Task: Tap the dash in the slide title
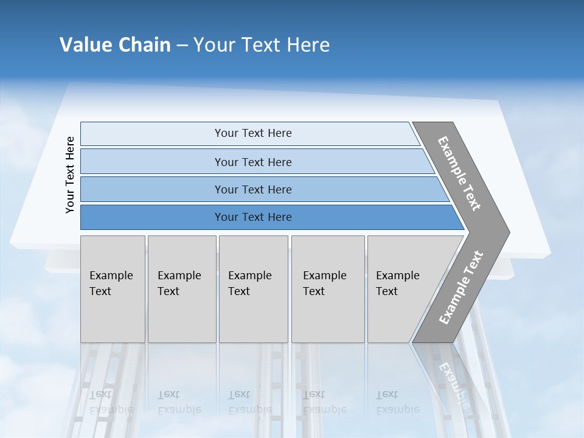point(182,46)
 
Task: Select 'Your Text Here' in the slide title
point(262,45)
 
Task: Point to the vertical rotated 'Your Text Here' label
point(70,175)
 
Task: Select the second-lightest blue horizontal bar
point(253,162)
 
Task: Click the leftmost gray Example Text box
point(113,289)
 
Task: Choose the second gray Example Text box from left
point(181,289)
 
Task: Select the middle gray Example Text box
point(253,289)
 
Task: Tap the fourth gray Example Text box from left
point(327,289)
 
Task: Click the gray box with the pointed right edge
point(401,289)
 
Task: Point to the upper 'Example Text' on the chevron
point(459,173)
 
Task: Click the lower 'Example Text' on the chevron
point(461,288)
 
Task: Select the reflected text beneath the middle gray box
point(249,402)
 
